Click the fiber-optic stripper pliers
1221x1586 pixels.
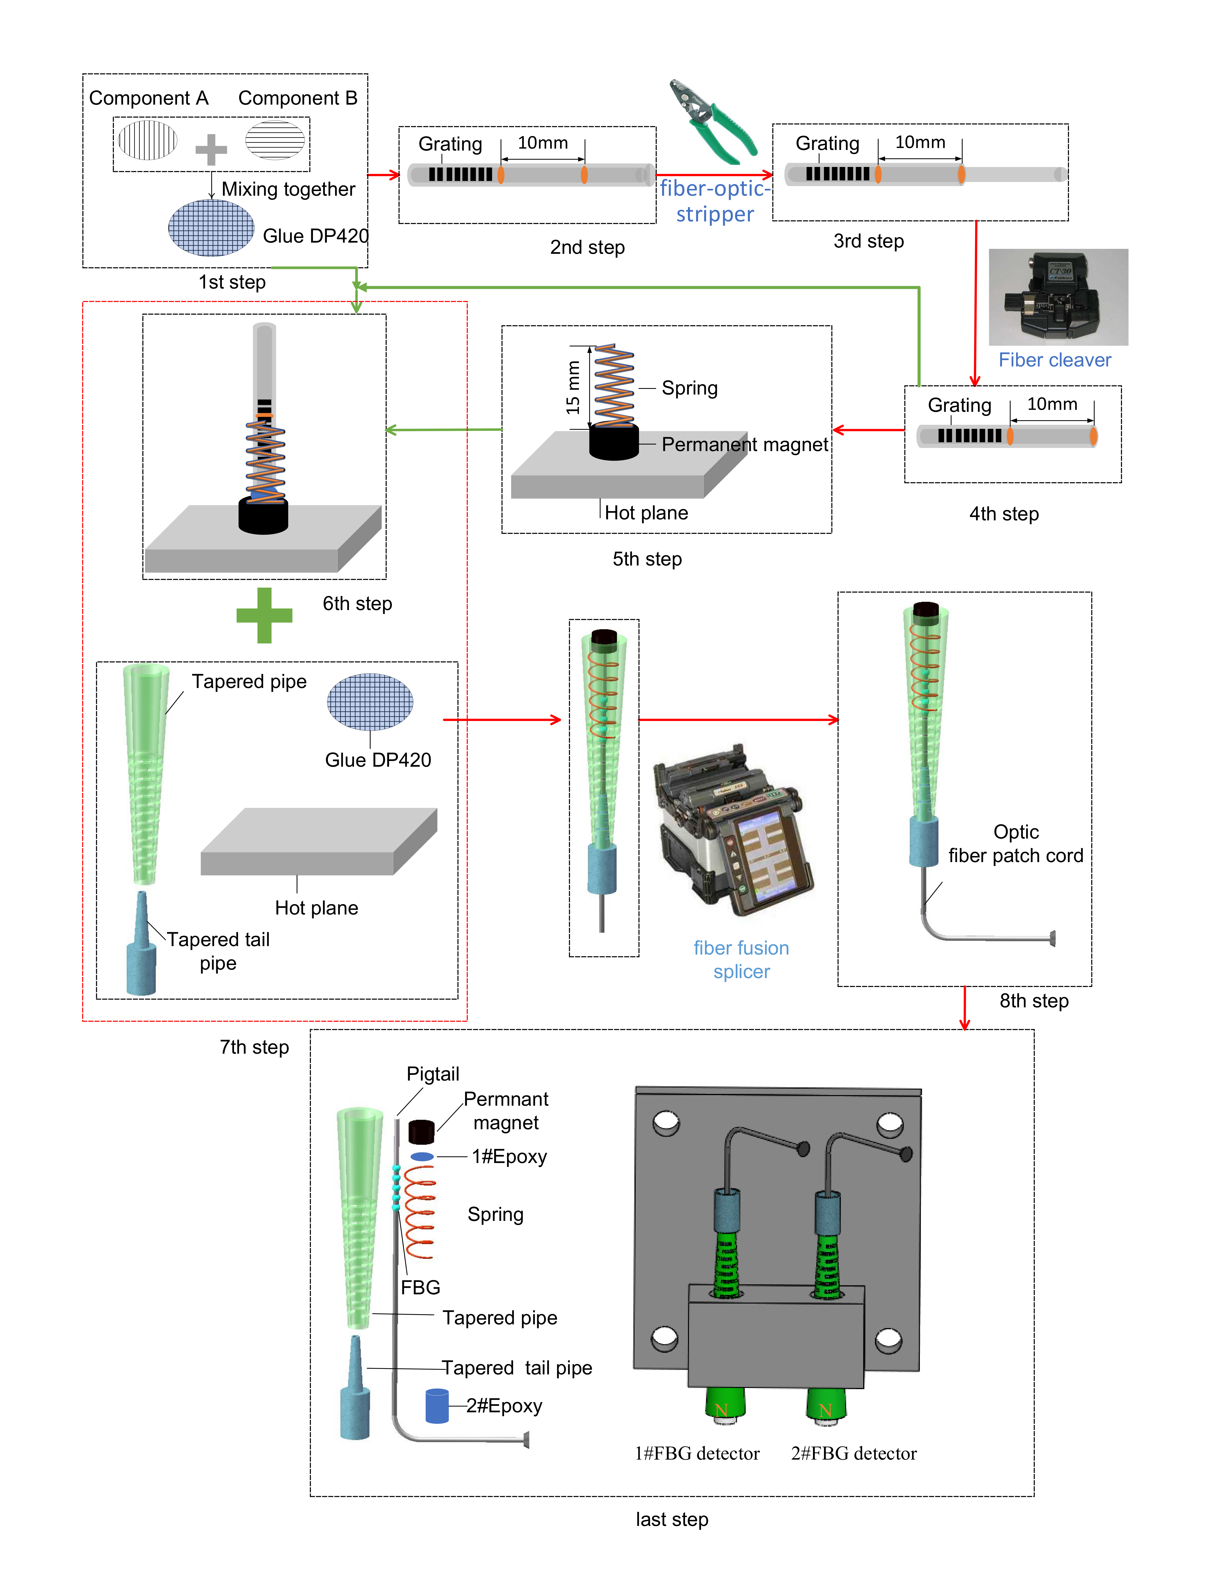713,122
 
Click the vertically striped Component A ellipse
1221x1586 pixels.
148,140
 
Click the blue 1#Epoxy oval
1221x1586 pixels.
422,1156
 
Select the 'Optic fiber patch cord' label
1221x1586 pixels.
1016,844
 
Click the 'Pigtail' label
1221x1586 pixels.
433,1074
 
